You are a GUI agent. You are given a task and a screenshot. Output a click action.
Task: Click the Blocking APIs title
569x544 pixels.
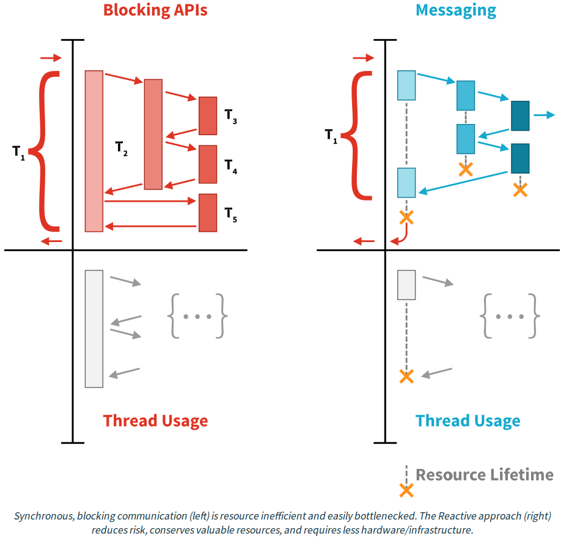tap(155, 10)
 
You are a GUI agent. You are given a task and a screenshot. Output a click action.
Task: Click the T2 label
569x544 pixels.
tap(121, 148)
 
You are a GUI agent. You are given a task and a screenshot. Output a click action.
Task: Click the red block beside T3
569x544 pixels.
tap(208, 116)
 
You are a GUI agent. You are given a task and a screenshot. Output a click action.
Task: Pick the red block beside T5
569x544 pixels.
tap(208, 213)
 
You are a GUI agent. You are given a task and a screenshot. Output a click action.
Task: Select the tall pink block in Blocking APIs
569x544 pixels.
tap(94, 151)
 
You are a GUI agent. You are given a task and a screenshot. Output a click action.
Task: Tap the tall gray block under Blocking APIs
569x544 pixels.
tap(94, 328)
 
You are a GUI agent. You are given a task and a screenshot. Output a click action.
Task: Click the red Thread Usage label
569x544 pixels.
tap(155, 421)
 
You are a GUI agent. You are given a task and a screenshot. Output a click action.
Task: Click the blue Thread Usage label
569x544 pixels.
tap(468, 421)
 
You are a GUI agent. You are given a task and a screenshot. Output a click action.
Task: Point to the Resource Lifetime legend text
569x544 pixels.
tap(485, 475)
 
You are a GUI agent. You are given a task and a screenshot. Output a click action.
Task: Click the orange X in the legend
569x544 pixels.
tap(406, 490)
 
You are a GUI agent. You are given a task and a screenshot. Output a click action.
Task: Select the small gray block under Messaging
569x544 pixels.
tap(406, 285)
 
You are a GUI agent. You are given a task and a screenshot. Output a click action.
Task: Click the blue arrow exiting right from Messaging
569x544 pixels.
tap(543, 115)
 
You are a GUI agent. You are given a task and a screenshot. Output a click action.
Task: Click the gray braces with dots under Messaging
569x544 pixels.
tap(510, 316)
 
